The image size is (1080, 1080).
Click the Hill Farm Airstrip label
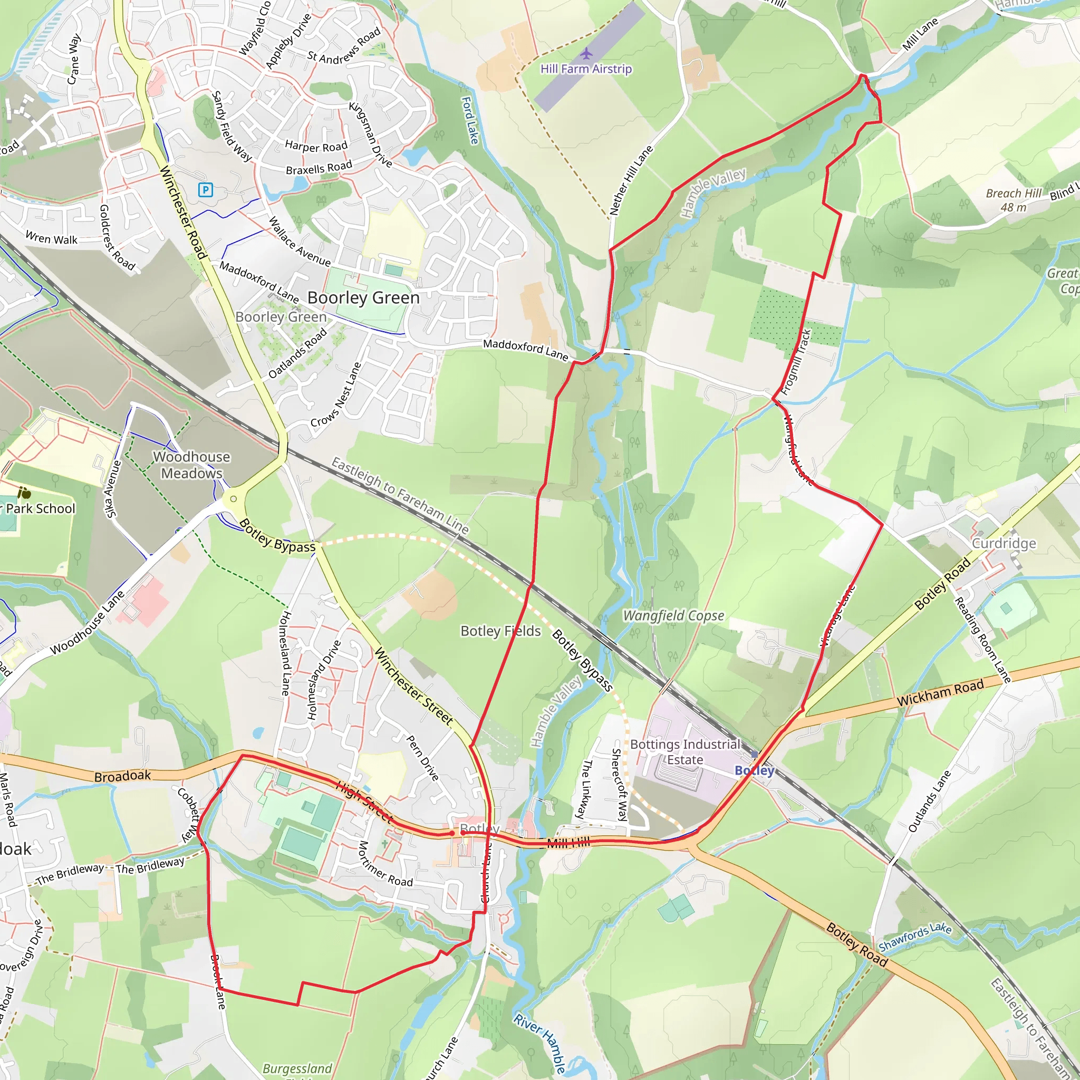coord(586,69)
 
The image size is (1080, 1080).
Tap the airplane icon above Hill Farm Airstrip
coord(586,54)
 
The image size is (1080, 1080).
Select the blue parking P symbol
coord(206,189)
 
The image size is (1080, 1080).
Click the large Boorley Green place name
coord(363,297)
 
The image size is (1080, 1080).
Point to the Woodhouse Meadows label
coord(192,465)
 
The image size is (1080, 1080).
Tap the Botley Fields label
coord(500,631)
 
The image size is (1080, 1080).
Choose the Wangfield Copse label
coord(673,615)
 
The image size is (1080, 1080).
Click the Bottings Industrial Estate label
coord(685,752)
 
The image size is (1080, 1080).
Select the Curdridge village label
coord(1004,543)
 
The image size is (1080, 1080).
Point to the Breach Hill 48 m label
coord(1014,200)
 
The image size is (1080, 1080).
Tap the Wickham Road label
coord(940,692)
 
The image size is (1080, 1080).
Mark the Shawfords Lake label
coord(914,937)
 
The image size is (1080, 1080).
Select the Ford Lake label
coord(470,120)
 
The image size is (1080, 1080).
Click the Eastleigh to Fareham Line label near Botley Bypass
coord(400,495)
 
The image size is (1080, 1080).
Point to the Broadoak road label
coord(122,776)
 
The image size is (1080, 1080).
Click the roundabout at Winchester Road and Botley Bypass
coord(234,499)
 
